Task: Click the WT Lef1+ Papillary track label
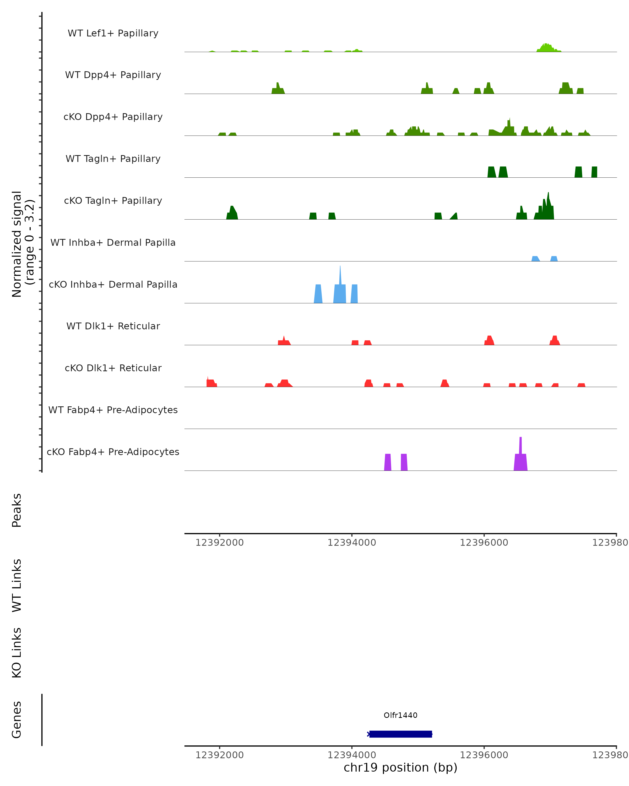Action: click(x=113, y=33)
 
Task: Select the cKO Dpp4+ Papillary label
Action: click(x=113, y=117)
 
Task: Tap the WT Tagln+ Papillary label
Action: click(x=113, y=159)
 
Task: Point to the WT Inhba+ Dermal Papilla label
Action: click(x=113, y=243)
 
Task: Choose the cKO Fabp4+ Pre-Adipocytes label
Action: click(x=113, y=452)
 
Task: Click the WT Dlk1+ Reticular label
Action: click(x=113, y=326)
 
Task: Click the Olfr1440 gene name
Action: click(x=400, y=715)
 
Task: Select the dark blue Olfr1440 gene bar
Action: click(x=400, y=734)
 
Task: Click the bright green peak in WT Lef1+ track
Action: click(x=546, y=47)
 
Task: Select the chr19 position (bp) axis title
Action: click(x=400, y=767)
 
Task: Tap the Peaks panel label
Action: click(x=17, y=510)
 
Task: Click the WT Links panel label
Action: click(x=17, y=586)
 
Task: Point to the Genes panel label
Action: click(x=17, y=720)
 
